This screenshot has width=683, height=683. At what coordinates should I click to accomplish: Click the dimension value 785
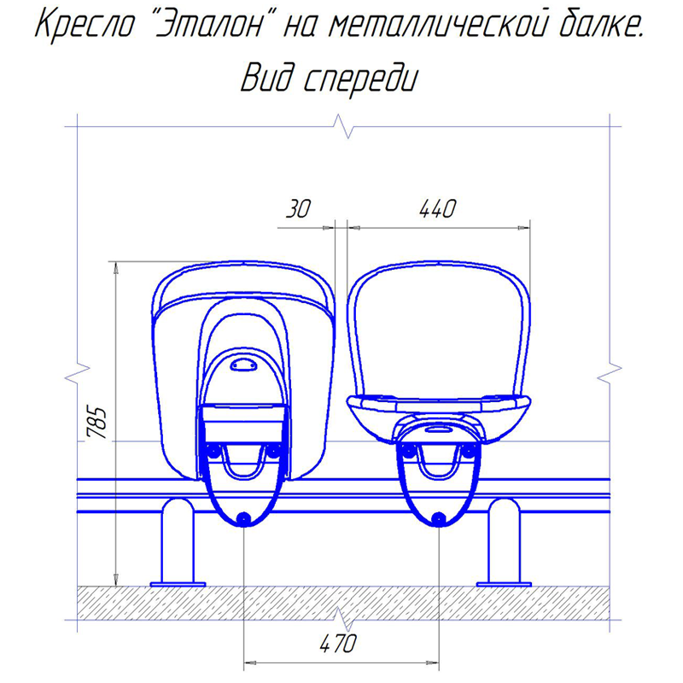pyautogui.click(x=96, y=423)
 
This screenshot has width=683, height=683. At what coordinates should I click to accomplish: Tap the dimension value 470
pyautogui.click(x=338, y=644)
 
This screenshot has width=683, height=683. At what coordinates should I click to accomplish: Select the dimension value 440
pyautogui.click(x=437, y=208)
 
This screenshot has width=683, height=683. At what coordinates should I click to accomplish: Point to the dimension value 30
pyautogui.click(x=298, y=208)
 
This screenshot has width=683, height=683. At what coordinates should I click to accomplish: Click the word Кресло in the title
pyautogui.click(x=85, y=26)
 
